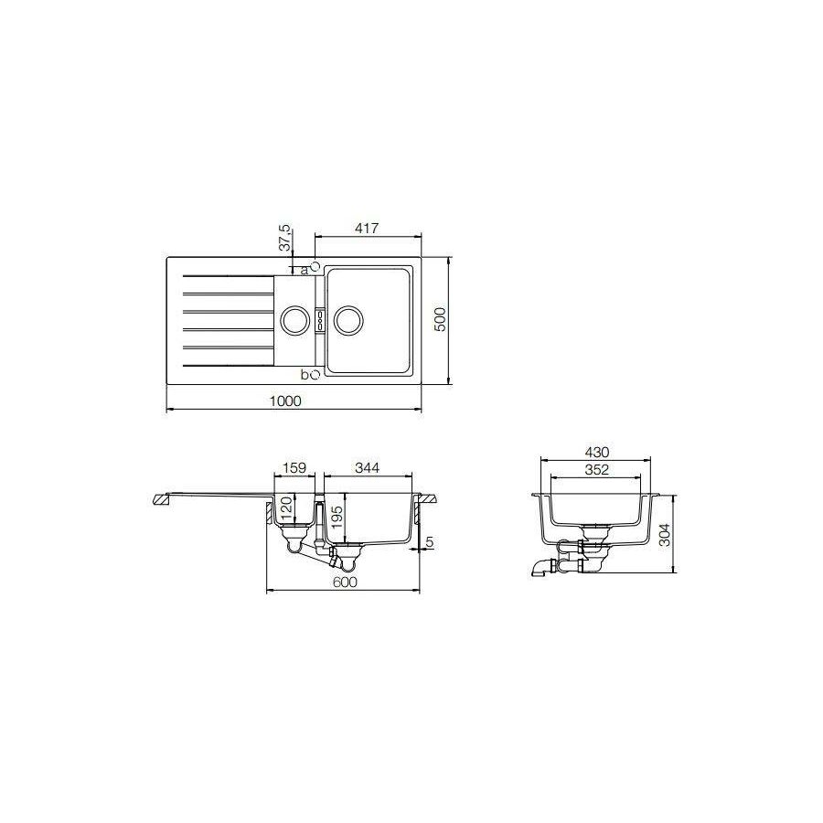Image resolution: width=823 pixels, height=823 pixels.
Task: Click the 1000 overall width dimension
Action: pos(286,401)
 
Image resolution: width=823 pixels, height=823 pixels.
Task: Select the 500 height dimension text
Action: pos(439,320)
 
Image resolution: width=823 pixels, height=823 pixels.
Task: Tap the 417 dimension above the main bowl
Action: pos(367,228)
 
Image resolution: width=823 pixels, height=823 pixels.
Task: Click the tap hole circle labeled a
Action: pos(314,265)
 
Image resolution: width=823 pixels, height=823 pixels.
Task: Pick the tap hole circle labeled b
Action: pos(314,374)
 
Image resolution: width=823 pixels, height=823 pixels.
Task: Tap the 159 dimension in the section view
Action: pos(294,467)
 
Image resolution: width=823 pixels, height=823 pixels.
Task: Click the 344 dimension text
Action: pos(366,467)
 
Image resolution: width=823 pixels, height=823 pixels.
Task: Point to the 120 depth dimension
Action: pos(286,508)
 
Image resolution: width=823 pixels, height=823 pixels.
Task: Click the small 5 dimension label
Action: pos(429,543)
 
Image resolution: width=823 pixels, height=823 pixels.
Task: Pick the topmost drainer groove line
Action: pos(229,277)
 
